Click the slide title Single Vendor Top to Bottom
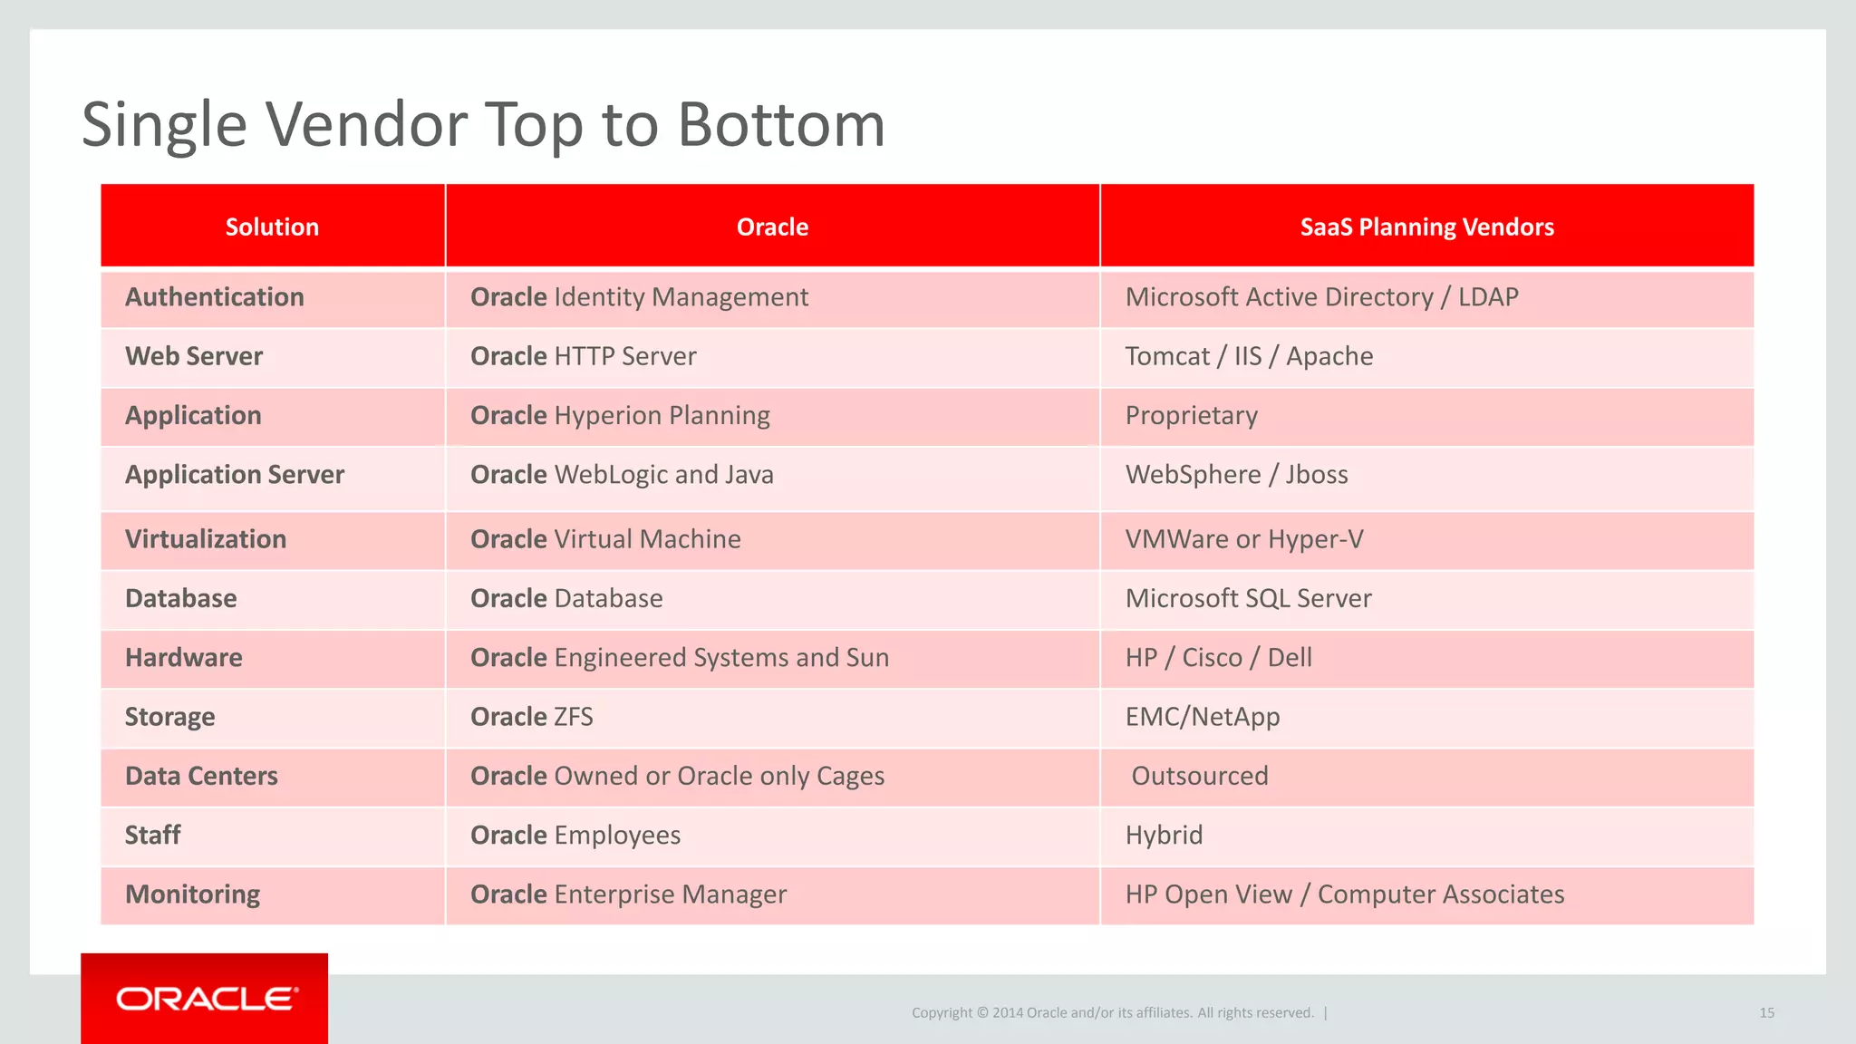[x=483, y=124]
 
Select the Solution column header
[x=272, y=227]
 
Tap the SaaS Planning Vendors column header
[x=1426, y=227]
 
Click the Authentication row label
[x=215, y=297]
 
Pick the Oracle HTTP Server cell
[x=583, y=356]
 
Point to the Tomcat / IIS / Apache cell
[x=1249, y=356]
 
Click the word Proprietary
[x=1191, y=415]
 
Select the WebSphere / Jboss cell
[x=1236, y=475]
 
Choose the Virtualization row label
[x=206, y=539]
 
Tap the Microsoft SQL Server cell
[x=1248, y=598]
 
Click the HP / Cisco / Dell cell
[x=1218, y=658]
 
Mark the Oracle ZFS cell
[x=531, y=717]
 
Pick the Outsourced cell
[x=1199, y=776]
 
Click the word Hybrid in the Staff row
[x=1164, y=835]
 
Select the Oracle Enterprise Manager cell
[x=628, y=894]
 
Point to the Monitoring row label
[x=192, y=894]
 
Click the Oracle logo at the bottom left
[x=205, y=999]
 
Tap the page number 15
[x=1766, y=1013]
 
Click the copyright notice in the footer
[x=1112, y=1013]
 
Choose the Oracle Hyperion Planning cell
[x=620, y=415]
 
